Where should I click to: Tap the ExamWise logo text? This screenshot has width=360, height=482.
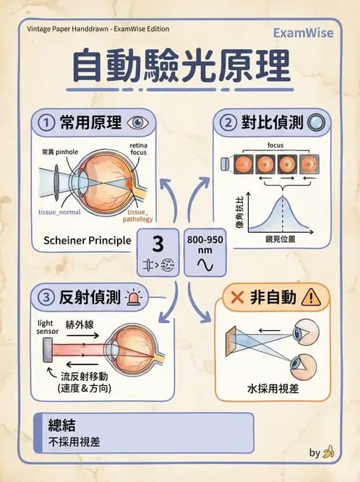click(x=303, y=33)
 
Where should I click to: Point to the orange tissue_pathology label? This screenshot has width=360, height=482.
click(x=137, y=215)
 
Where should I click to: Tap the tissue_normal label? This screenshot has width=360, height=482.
click(x=60, y=213)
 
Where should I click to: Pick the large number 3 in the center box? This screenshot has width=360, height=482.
click(x=158, y=242)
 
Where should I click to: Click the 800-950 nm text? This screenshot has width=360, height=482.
click(x=205, y=244)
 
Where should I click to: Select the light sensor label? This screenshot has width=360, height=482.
click(x=48, y=326)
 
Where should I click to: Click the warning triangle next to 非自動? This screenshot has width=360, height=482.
click(x=312, y=296)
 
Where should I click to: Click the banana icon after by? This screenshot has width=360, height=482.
click(x=329, y=452)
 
